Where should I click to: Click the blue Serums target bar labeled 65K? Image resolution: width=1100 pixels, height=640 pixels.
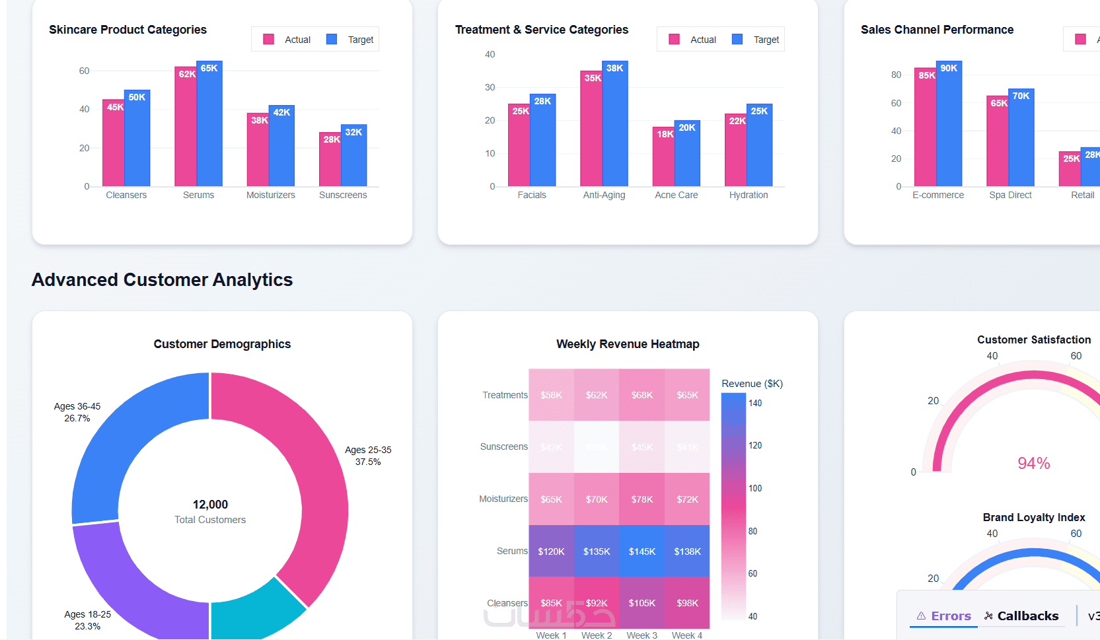209,125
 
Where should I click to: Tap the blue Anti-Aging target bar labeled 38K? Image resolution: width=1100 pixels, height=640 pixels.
615,125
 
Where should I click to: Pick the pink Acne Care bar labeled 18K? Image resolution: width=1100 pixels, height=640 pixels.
663,159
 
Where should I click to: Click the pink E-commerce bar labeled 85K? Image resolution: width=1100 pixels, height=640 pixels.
925,129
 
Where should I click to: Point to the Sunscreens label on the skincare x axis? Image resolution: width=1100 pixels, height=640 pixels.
343,195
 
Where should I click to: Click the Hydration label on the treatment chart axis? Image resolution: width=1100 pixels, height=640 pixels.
749,195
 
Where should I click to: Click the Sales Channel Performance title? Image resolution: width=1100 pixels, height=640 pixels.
937,30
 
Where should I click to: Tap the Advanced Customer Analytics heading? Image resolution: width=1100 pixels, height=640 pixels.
162,280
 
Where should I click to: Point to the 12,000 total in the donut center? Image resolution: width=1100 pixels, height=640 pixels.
210,505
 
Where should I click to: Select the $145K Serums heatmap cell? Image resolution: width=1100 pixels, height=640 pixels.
642,551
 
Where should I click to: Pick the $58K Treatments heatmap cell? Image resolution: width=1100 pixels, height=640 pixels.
551,395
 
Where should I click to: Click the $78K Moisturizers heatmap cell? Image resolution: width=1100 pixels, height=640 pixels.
642,499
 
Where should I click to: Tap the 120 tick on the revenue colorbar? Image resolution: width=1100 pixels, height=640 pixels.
755,446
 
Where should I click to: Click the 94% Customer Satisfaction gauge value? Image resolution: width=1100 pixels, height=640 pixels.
1033,463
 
